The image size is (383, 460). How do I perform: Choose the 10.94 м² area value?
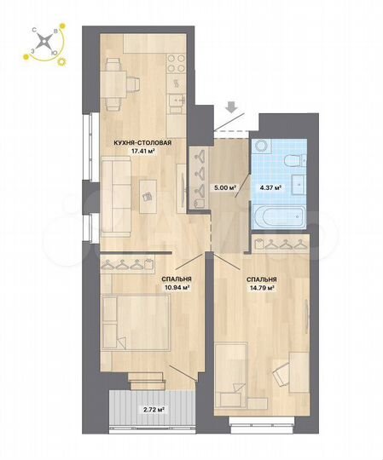(x=176, y=287)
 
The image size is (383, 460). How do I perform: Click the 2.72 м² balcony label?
(x=154, y=410)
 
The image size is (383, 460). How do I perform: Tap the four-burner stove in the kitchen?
(x=176, y=65)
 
